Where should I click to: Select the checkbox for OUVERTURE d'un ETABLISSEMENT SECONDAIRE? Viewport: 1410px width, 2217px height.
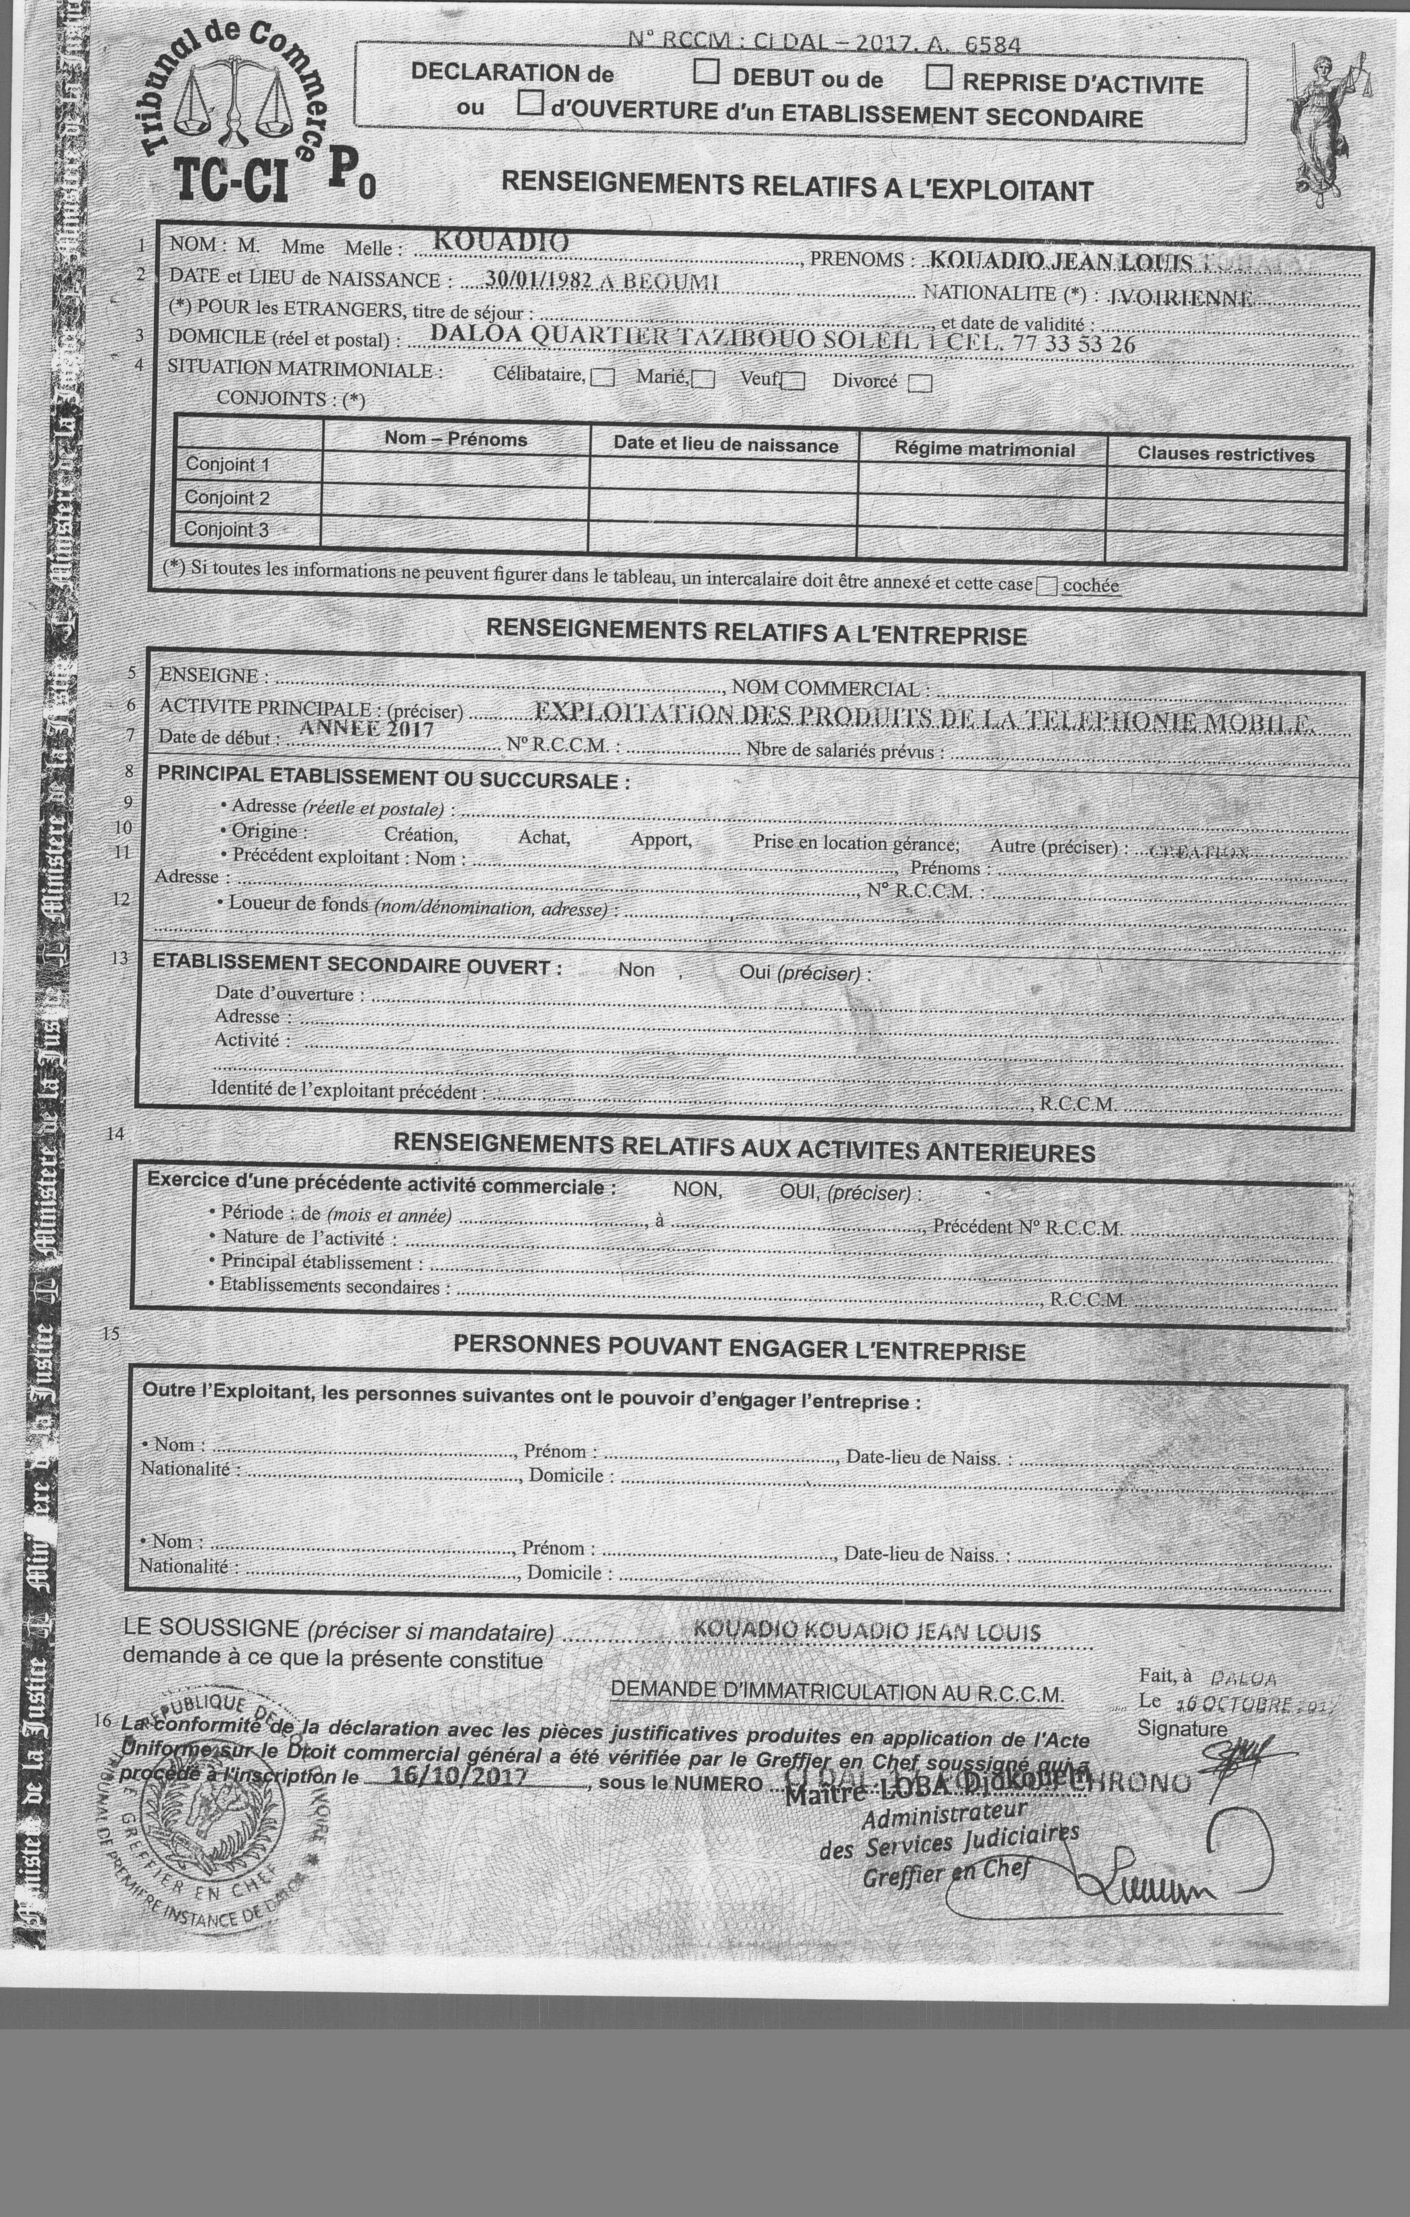(529, 102)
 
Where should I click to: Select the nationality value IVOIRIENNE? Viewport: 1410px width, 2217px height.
(1181, 298)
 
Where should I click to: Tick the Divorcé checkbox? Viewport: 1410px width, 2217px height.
(919, 383)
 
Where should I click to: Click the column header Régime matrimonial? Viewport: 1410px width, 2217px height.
(984, 449)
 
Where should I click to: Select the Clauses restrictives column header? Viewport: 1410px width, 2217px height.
(1225, 454)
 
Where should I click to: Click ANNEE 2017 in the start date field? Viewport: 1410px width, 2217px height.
(366, 728)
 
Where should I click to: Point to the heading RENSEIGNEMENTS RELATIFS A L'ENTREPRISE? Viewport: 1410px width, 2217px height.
(756, 633)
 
